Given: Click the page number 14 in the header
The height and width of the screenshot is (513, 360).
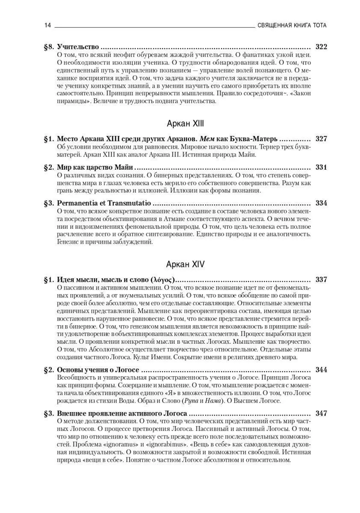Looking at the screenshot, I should click(x=47, y=25).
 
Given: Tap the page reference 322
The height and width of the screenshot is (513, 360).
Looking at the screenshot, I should click(x=321, y=47).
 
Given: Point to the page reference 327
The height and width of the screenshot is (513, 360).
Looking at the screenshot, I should click(x=321, y=139).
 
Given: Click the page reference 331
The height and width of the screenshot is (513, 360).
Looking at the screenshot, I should click(x=321, y=167).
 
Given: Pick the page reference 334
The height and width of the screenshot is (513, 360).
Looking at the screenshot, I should click(x=321, y=203).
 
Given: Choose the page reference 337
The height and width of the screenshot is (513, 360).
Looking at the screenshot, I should click(x=321, y=280).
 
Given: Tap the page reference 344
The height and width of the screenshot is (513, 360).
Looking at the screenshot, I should click(x=321, y=369).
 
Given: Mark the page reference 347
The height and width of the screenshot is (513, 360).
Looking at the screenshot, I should click(x=321, y=413).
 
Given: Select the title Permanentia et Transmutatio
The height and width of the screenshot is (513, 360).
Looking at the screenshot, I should click(x=104, y=203).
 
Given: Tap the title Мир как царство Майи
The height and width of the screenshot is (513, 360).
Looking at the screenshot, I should click(x=95, y=167).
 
